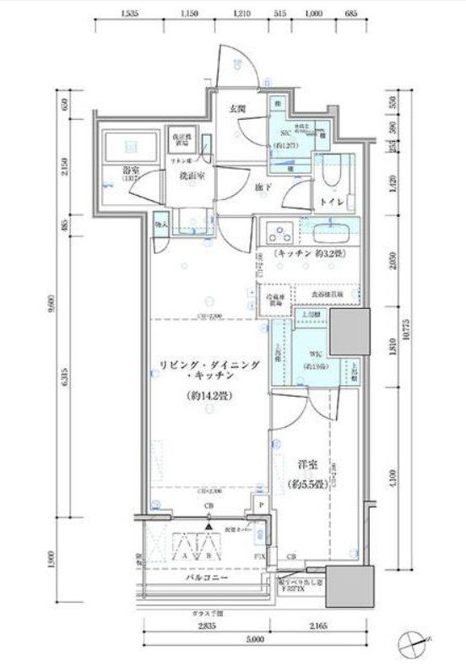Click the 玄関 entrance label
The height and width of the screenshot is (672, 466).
(x=239, y=109)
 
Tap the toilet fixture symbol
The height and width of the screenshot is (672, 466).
(x=330, y=174)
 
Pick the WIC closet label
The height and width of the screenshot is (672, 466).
(x=313, y=352)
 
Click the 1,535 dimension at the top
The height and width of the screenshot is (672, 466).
(x=129, y=14)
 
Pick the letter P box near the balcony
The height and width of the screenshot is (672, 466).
(x=263, y=506)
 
